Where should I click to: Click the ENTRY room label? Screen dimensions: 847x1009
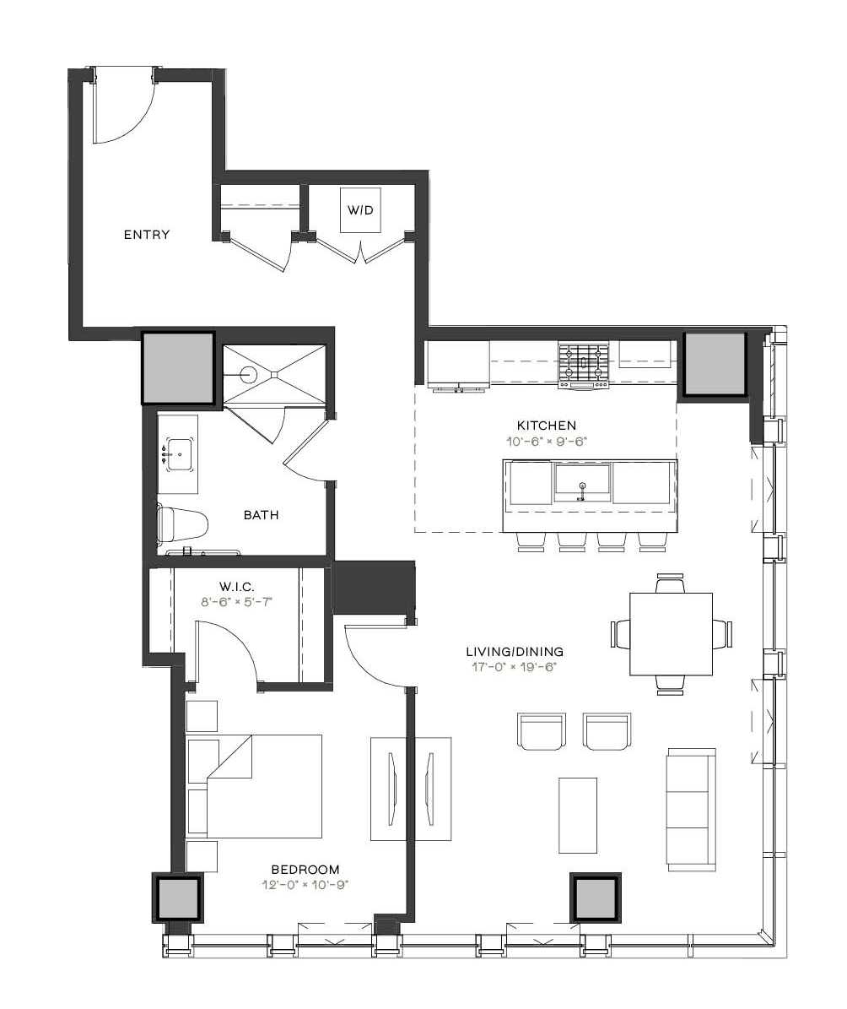tap(147, 235)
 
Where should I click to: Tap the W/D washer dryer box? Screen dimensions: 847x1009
tap(360, 210)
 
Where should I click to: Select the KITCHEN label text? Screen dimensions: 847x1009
tap(547, 426)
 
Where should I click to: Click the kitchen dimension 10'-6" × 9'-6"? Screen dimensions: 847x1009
tap(547, 442)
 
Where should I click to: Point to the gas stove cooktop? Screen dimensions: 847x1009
tap(583, 365)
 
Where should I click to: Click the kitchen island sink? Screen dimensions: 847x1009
tap(582, 483)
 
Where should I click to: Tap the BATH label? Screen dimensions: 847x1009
tap(262, 515)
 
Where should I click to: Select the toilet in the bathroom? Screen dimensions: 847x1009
tap(183, 523)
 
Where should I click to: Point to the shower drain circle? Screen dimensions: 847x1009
tap(248, 373)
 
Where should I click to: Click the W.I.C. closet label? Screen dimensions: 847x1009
tap(237, 587)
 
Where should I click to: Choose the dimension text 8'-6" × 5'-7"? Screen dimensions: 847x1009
tap(237, 602)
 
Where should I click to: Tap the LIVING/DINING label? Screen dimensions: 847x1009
tap(515, 652)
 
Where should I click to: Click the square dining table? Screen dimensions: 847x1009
tap(671, 634)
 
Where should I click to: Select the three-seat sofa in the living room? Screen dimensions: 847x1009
tap(692, 810)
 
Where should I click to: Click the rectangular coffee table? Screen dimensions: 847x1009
tap(578, 816)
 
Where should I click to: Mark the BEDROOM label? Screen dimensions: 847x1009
tap(305, 870)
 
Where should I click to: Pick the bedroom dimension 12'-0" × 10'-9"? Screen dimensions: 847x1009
tap(305, 885)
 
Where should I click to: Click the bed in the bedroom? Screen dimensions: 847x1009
tap(264, 786)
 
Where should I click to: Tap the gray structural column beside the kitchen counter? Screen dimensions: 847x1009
tap(714, 364)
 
